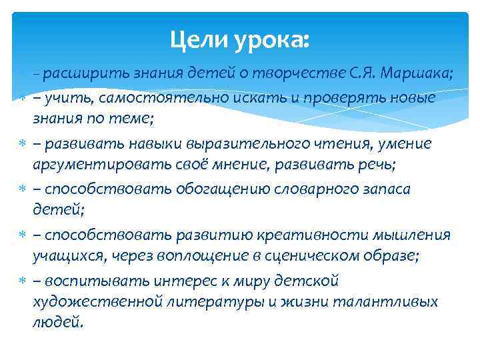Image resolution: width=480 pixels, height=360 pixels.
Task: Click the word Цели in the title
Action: tap(197, 41)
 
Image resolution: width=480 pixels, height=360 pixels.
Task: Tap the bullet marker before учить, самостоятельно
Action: tap(22, 99)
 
